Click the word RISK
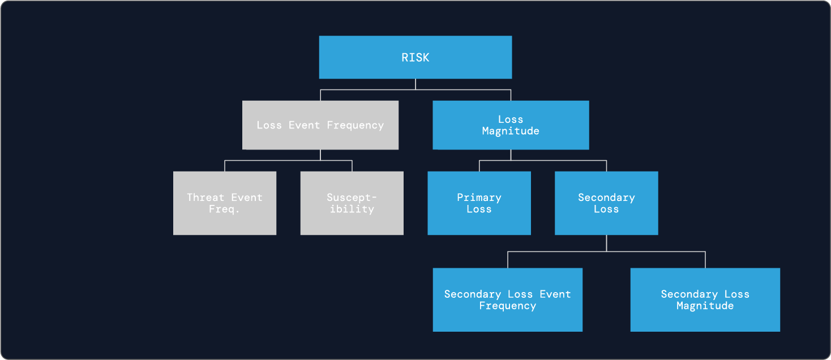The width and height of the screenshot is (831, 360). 415,58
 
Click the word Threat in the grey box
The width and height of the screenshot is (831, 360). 205,198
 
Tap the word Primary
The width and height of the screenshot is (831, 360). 479,198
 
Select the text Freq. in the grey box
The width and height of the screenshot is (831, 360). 225,209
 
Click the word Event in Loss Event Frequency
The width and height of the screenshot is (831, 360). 304,125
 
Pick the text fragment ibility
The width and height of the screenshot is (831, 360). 352,209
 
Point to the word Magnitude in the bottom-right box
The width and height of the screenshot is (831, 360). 705,306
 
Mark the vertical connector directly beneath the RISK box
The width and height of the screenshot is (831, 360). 415,84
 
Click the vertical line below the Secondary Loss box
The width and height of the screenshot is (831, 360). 606,243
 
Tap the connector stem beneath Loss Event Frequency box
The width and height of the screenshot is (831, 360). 320,155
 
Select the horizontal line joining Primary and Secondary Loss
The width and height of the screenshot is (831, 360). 543,160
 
